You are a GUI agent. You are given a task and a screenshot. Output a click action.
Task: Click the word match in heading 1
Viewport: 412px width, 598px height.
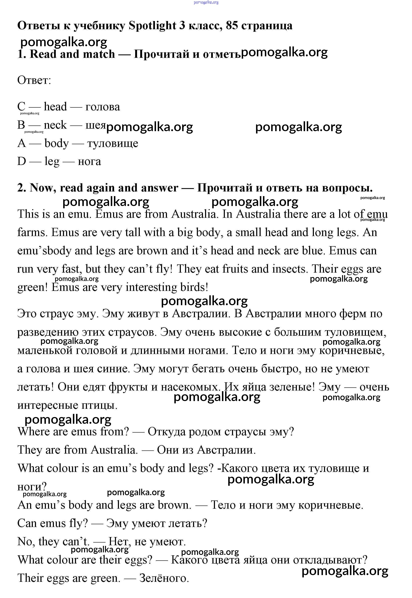coord(99,54)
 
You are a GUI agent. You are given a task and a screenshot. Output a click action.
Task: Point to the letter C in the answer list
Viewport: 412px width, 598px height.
coord(21,106)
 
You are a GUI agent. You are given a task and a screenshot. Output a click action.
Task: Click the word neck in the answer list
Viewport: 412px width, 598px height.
coord(55,125)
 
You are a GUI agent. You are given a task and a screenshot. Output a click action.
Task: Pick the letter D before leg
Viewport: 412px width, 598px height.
coord(22,161)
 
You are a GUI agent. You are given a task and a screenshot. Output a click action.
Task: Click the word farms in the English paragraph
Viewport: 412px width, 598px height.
coord(32,232)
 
